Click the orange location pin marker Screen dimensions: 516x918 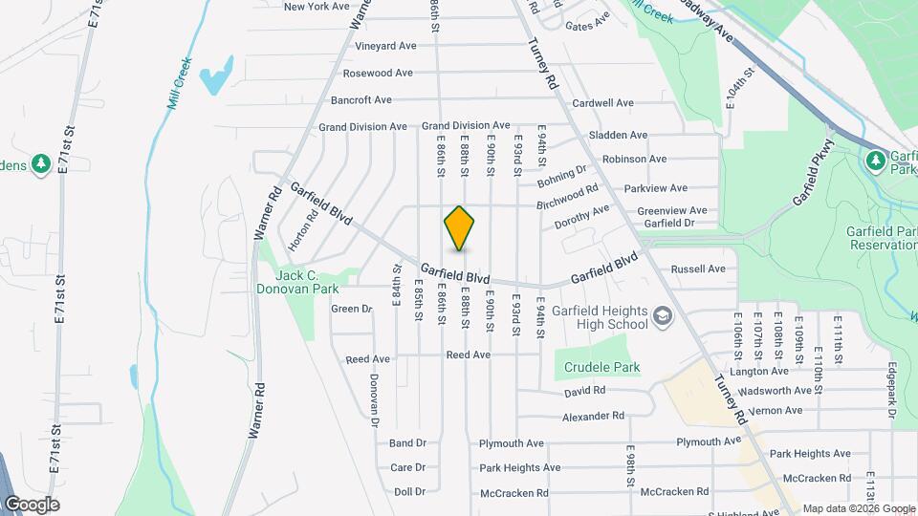point(460,228)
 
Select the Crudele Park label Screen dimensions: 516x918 point(601,367)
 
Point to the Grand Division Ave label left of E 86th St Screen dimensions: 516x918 point(362,126)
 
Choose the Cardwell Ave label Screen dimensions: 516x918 point(602,103)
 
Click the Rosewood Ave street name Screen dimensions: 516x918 point(377,73)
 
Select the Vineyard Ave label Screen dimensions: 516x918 point(385,45)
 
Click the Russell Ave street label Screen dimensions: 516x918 point(699,269)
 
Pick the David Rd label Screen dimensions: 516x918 point(584,391)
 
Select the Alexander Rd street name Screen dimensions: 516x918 point(593,417)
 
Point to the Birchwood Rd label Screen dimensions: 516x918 point(567,197)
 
